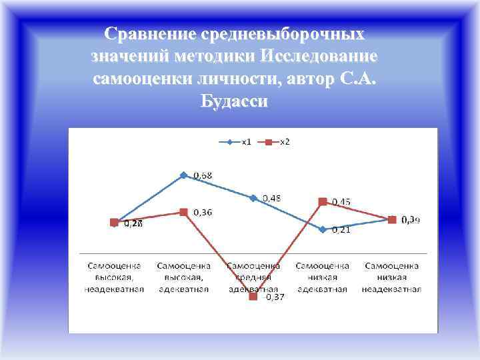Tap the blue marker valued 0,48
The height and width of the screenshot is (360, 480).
pos(253,198)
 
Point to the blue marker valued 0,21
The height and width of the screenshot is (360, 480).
pos(323,229)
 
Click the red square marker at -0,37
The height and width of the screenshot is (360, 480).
pos(253,297)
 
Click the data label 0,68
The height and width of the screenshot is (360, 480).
pos(203,175)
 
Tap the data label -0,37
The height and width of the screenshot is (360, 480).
pos(273,298)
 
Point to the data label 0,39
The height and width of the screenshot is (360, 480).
pos(410,220)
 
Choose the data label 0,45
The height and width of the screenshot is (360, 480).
pos(341,201)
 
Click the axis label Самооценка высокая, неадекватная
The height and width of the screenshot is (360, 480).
pos(114,277)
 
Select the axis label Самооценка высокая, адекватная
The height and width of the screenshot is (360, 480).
pos(183,277)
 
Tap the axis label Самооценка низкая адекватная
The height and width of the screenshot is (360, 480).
pos(322,277)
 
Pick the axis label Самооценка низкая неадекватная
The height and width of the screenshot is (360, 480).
pos(391,277)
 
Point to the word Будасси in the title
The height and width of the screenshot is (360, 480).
pos(234,102)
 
